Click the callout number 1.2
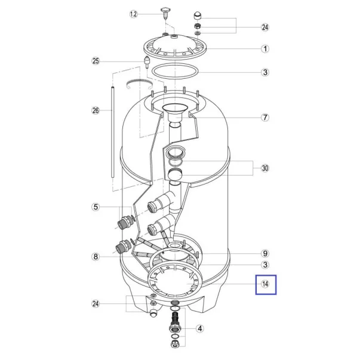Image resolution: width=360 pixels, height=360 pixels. [133, 14]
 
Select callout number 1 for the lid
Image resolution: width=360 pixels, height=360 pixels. [265, 49]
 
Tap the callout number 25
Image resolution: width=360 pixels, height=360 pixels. [96, 61]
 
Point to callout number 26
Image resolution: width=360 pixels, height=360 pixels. [96, 110]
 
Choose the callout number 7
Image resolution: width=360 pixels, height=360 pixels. [265, 118]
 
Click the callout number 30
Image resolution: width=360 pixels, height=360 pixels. [265, 168]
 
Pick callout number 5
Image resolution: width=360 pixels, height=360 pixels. [96, 207]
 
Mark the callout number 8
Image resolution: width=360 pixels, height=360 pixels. [96, 257]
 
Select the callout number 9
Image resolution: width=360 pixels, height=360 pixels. [265, 254]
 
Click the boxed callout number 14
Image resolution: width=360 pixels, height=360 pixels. [265, 284]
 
